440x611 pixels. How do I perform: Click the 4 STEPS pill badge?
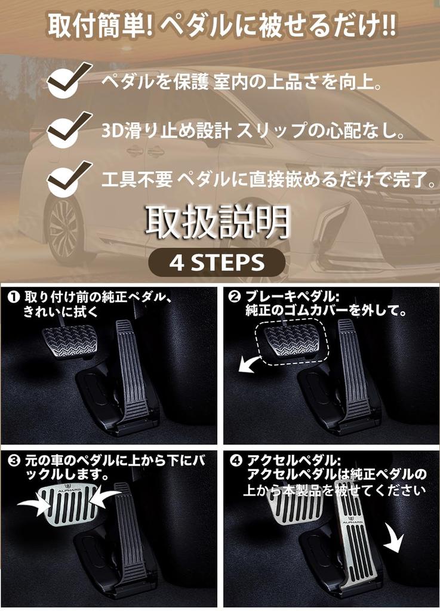click(x=216, y=261)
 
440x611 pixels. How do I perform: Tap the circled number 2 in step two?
click(x=235, y=297)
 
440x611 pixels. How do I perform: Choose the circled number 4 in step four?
click(x=235, y=461)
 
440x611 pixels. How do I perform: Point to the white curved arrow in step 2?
click(x=250, y=363)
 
